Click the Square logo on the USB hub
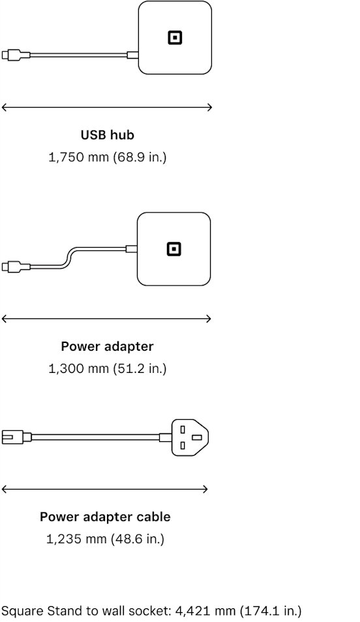174,38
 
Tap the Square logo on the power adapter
173,249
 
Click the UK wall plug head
190,437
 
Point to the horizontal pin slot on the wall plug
196,437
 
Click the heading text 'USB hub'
108,135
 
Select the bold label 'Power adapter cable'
105,517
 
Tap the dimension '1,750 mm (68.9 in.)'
107,157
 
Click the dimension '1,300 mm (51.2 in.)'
107,368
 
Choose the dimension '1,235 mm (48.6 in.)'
105,539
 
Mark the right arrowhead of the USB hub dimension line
210,107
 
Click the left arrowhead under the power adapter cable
5,490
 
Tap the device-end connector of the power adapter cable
12,437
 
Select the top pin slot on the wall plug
183,429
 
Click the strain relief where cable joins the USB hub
132,55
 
